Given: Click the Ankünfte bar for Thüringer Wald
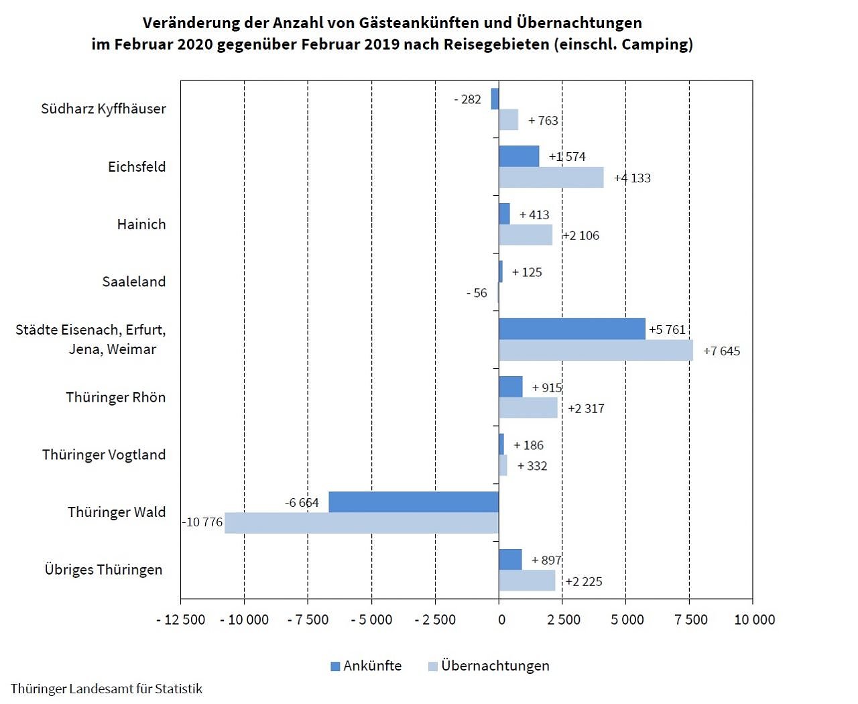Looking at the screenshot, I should (x=414, y=502).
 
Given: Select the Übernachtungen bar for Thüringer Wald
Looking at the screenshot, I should (x=361, y=523).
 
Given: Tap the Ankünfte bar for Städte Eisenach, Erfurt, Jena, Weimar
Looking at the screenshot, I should (x=572, y=329).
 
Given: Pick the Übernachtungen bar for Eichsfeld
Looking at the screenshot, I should (x=551, y=178).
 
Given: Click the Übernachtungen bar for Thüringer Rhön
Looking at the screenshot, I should (x=528, y=408).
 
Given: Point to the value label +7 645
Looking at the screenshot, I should (x=721, y=351).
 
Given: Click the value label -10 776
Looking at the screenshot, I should (x=202, y=522).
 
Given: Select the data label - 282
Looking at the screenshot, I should (x=467, y=99).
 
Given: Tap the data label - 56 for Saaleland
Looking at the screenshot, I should (x=477, y=293).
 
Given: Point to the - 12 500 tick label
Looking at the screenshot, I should (x=181, y=620).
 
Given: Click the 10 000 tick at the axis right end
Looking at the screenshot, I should (x=754, y=620).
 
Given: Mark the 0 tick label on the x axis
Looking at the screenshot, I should (x=501, y=620).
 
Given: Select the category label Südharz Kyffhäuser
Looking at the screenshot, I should (x=103, y=109).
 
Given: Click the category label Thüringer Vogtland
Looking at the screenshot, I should (x=104, y=455).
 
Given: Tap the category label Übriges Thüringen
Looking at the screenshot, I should (x=103, y=570).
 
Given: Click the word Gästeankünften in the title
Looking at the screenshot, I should (x=419, y=23).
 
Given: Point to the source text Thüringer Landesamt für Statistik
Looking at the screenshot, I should (x=107, y=689).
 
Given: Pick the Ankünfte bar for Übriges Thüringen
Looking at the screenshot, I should (x=510, y=560).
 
